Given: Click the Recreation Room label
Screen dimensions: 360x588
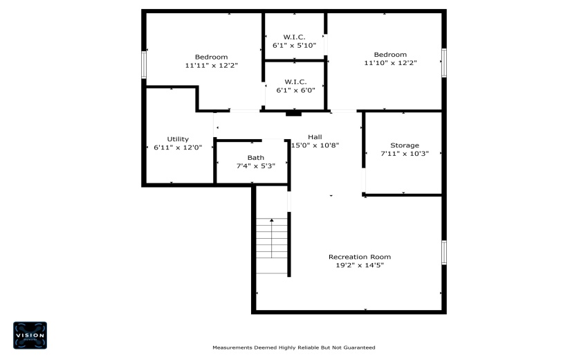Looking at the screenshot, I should pyautogui.click(x=359, y=257).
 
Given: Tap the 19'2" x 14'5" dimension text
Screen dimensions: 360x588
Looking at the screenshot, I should pyautogui.click(x=359, y=265).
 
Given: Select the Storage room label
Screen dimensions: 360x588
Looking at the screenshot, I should pyautogui.click(x=404, y=145).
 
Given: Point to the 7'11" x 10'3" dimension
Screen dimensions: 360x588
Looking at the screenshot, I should pyautogui.click(x=404, y=154).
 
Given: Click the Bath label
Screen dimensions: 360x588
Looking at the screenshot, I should pyautogui.click(x=255, y=158).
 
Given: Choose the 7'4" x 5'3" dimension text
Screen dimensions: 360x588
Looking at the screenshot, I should pyautogui.click(x=255, y=166).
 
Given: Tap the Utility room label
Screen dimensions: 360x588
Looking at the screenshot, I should pyautogui.click(x=178, y=139).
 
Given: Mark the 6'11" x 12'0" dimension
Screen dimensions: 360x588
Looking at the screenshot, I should pyautogui.click(x=178, y=147).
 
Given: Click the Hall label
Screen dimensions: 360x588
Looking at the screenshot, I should pyautogui.click(x=315, y=137).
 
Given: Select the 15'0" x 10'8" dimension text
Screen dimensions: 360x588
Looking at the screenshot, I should pyautogui.click(x=315, y=145).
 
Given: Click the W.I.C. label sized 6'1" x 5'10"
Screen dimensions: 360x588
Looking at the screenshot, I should pyautogui.click(x=294, y=37).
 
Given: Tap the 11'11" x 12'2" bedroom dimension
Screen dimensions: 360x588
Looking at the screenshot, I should pyautogui.click(x=211, y=66).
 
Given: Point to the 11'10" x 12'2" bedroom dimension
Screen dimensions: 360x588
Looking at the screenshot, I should pyautogui.click(x=390, y=63).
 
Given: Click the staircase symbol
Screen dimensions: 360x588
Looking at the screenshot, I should pyautogui.click(x=271, y=246).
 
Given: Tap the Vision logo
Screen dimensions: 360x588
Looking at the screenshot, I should pyautogui.click(x=30, y=335).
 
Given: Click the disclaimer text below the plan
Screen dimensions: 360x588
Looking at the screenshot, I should pyautogui.click(x=293, y=348).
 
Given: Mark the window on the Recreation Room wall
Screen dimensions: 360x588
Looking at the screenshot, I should pyautogui.click(x=444, y=252).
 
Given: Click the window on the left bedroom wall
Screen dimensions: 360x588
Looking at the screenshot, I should pyautogui.click(x=144, y=64).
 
